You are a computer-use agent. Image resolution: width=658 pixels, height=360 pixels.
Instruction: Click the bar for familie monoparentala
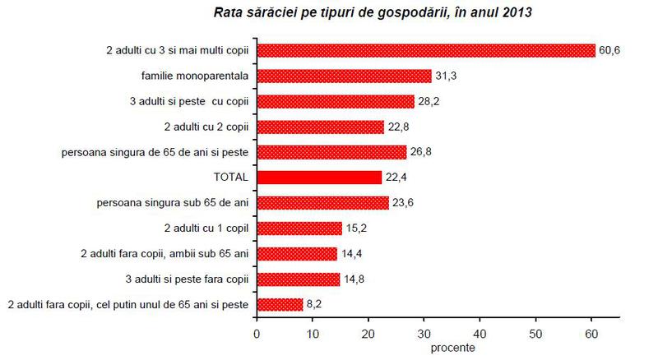pos(344,76)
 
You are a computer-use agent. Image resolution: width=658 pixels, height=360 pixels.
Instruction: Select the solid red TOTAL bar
pos(319,178)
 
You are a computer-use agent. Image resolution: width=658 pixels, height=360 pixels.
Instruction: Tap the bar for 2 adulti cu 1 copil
pos(299,228)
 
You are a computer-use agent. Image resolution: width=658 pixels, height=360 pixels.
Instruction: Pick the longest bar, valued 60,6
pos(425,51)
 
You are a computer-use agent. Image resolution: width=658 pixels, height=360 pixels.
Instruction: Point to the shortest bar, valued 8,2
pos(280,305)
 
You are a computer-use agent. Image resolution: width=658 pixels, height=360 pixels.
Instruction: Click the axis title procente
pos(452,347)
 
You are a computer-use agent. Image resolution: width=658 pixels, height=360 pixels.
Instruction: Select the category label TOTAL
pos(231,178)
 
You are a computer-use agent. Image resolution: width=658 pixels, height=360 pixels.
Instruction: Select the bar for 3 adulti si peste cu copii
pos(336,101)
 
